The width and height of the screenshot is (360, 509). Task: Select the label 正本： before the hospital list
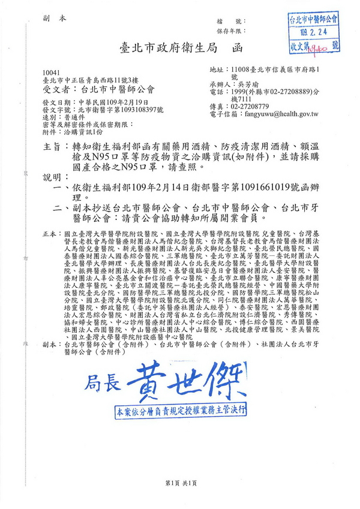(51, 231)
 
